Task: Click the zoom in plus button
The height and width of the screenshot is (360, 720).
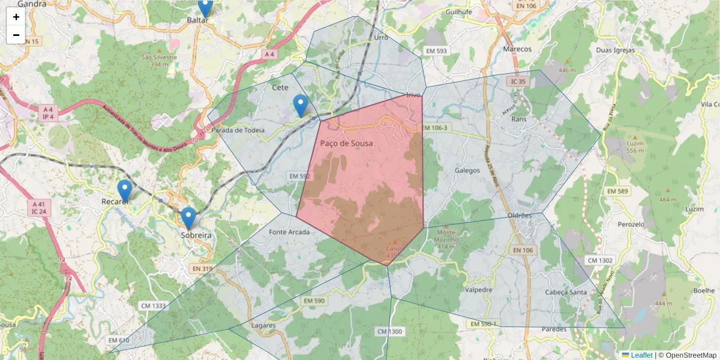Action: tap(16, 17)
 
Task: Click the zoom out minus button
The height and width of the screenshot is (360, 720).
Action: tap(16, 35)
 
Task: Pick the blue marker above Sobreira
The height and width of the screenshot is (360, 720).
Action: tap(188, 218)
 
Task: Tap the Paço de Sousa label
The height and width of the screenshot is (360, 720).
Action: tap(346, 143)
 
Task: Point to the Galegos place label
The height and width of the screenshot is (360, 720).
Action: tap(467, 170)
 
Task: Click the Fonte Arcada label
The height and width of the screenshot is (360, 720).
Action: tap(289, 232)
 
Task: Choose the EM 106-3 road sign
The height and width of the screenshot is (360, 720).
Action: tap(435, 128)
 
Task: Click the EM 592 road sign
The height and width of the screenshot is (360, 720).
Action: tap(299, 176)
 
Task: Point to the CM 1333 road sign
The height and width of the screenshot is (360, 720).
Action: tap(153, 305)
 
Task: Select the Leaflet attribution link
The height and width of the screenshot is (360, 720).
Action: tap(641, 355)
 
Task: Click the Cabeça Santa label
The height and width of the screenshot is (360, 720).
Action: tap(565, 292)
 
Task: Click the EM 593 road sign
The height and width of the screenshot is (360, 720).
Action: tap(436, 51)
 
